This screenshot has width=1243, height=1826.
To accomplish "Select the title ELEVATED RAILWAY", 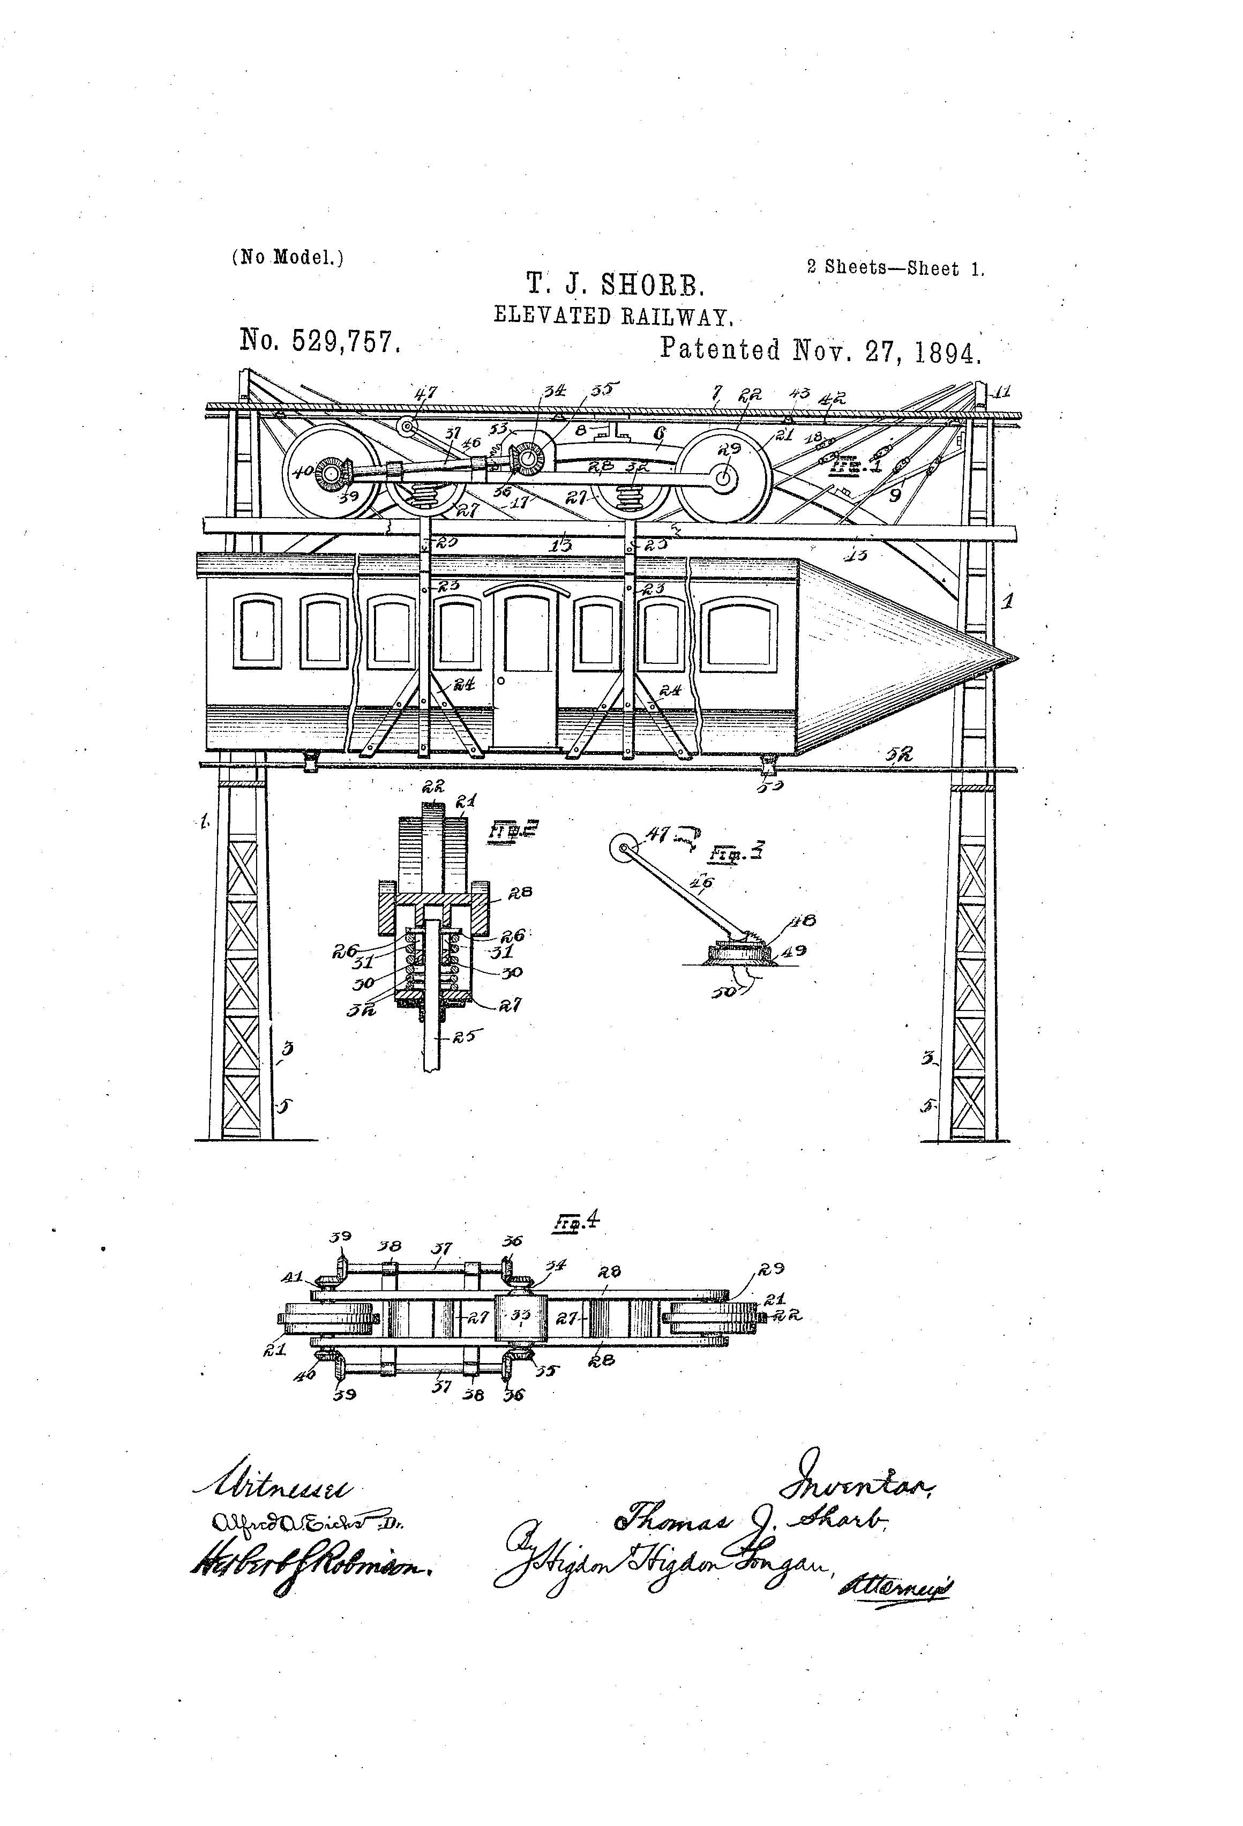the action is [x=613, y=316].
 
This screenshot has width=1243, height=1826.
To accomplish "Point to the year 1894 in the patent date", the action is [x=948, y=351].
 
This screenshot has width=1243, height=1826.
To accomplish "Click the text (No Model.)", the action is [x=288, y=257].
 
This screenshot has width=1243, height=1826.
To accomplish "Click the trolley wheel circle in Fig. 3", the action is [x=625, y=849].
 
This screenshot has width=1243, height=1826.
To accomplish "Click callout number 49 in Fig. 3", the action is [x=795, y=951].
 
